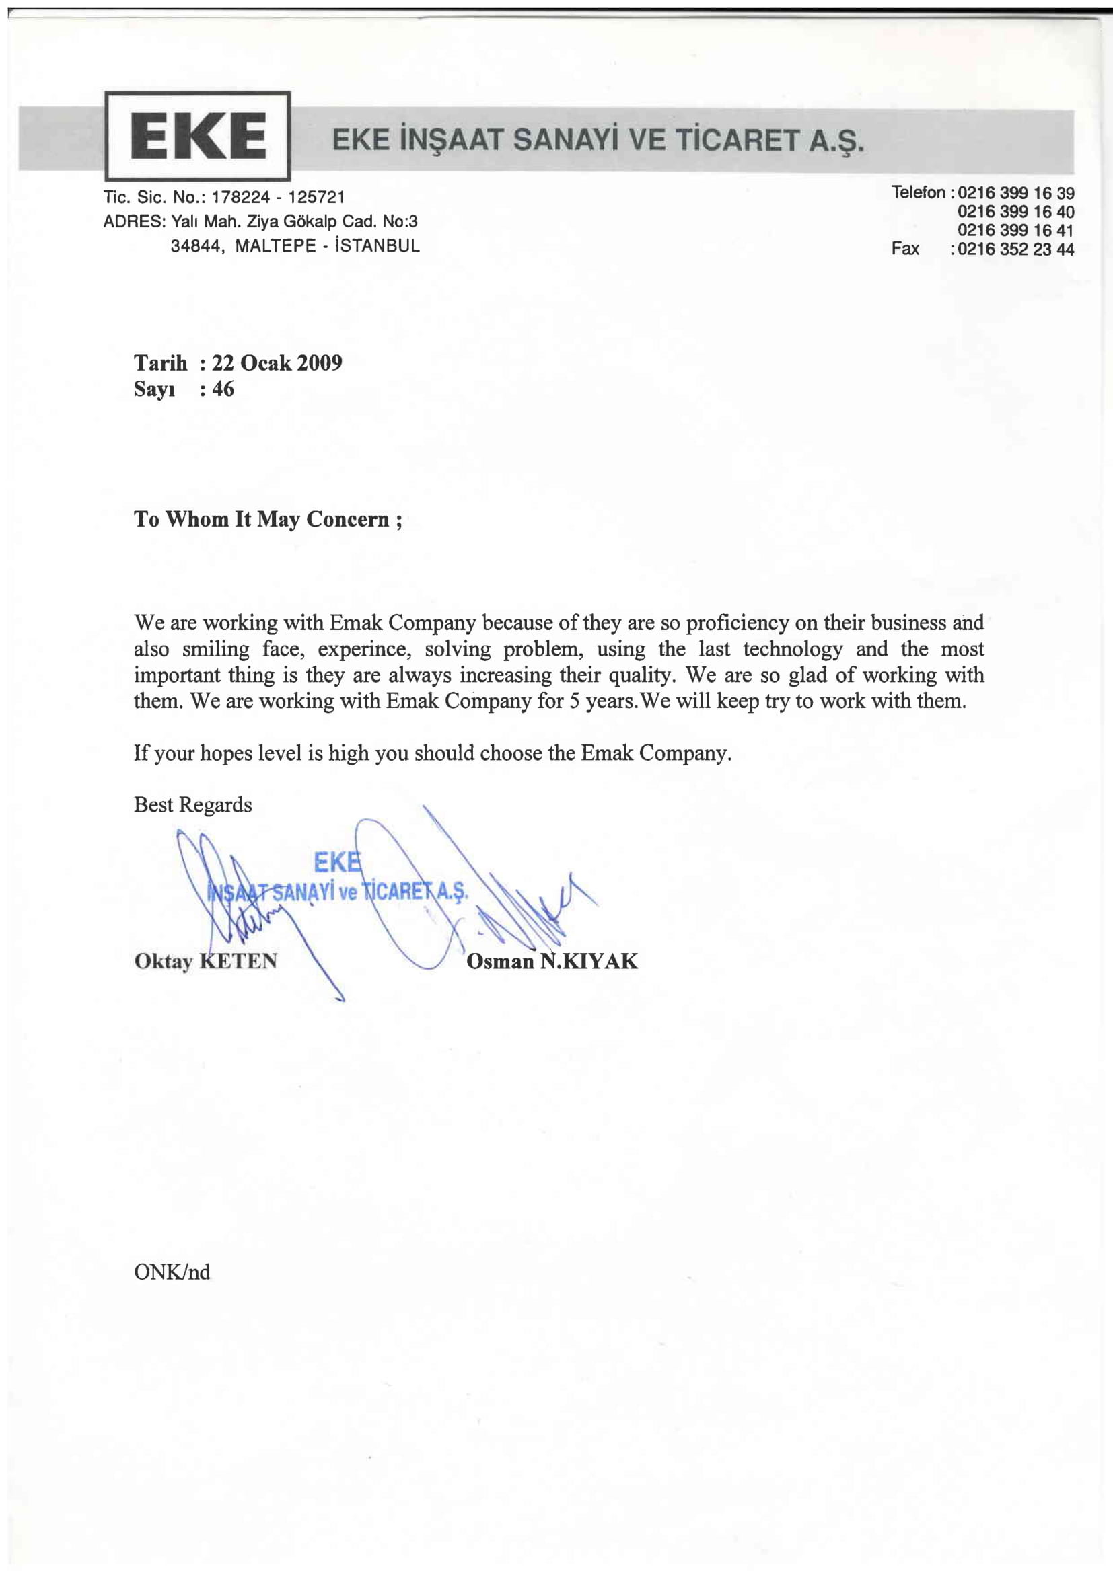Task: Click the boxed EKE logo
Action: point(197,136)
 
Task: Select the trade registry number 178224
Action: point(240,197)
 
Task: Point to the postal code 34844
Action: point(196,246)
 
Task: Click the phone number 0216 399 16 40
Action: point(1015,212)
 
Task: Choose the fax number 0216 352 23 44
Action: point(1015,250)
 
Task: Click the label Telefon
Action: point(918,192)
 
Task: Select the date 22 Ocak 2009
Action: point(277,362)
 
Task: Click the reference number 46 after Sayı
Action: point(223,389)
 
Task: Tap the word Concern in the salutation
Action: point(347,519)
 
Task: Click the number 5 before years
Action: point(574,701)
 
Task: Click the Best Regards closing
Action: point(192,804)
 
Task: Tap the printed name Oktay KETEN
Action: point(206,961)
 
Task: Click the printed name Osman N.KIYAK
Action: point(552,961)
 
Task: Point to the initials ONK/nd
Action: point(172,1272)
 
